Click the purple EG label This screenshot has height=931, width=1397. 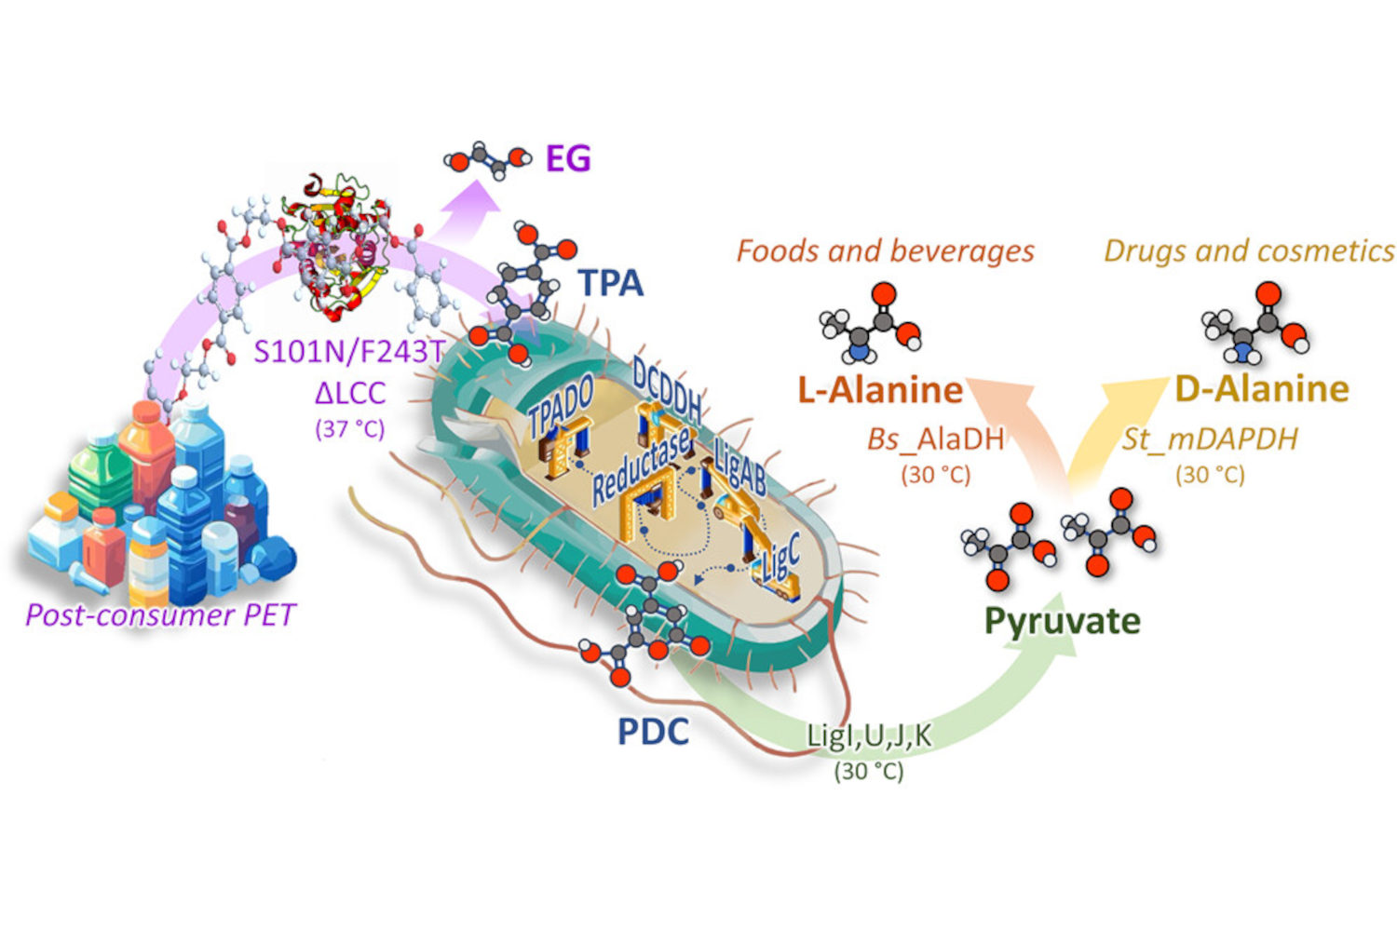pos(567,158)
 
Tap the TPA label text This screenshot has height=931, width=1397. pos(610,282)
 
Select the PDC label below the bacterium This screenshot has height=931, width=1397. pos(653,732)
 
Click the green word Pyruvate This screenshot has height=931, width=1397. pos(1063,620)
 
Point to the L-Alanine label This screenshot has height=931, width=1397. pos(880,389)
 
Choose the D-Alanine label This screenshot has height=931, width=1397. pos(1262,388)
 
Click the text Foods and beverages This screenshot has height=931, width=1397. pos(885,250)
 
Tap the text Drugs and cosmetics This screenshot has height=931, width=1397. pos(1249,250)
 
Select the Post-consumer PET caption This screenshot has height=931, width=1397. pos(159,614)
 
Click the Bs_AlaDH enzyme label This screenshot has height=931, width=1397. pos(935,439)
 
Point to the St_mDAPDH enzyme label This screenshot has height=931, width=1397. pos(1209,439)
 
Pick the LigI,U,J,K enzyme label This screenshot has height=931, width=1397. pos(868,735)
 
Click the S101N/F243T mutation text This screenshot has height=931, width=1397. pos(348,351)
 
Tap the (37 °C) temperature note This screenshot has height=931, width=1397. pos(349,429)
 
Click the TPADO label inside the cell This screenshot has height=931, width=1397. pos(561,407)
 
